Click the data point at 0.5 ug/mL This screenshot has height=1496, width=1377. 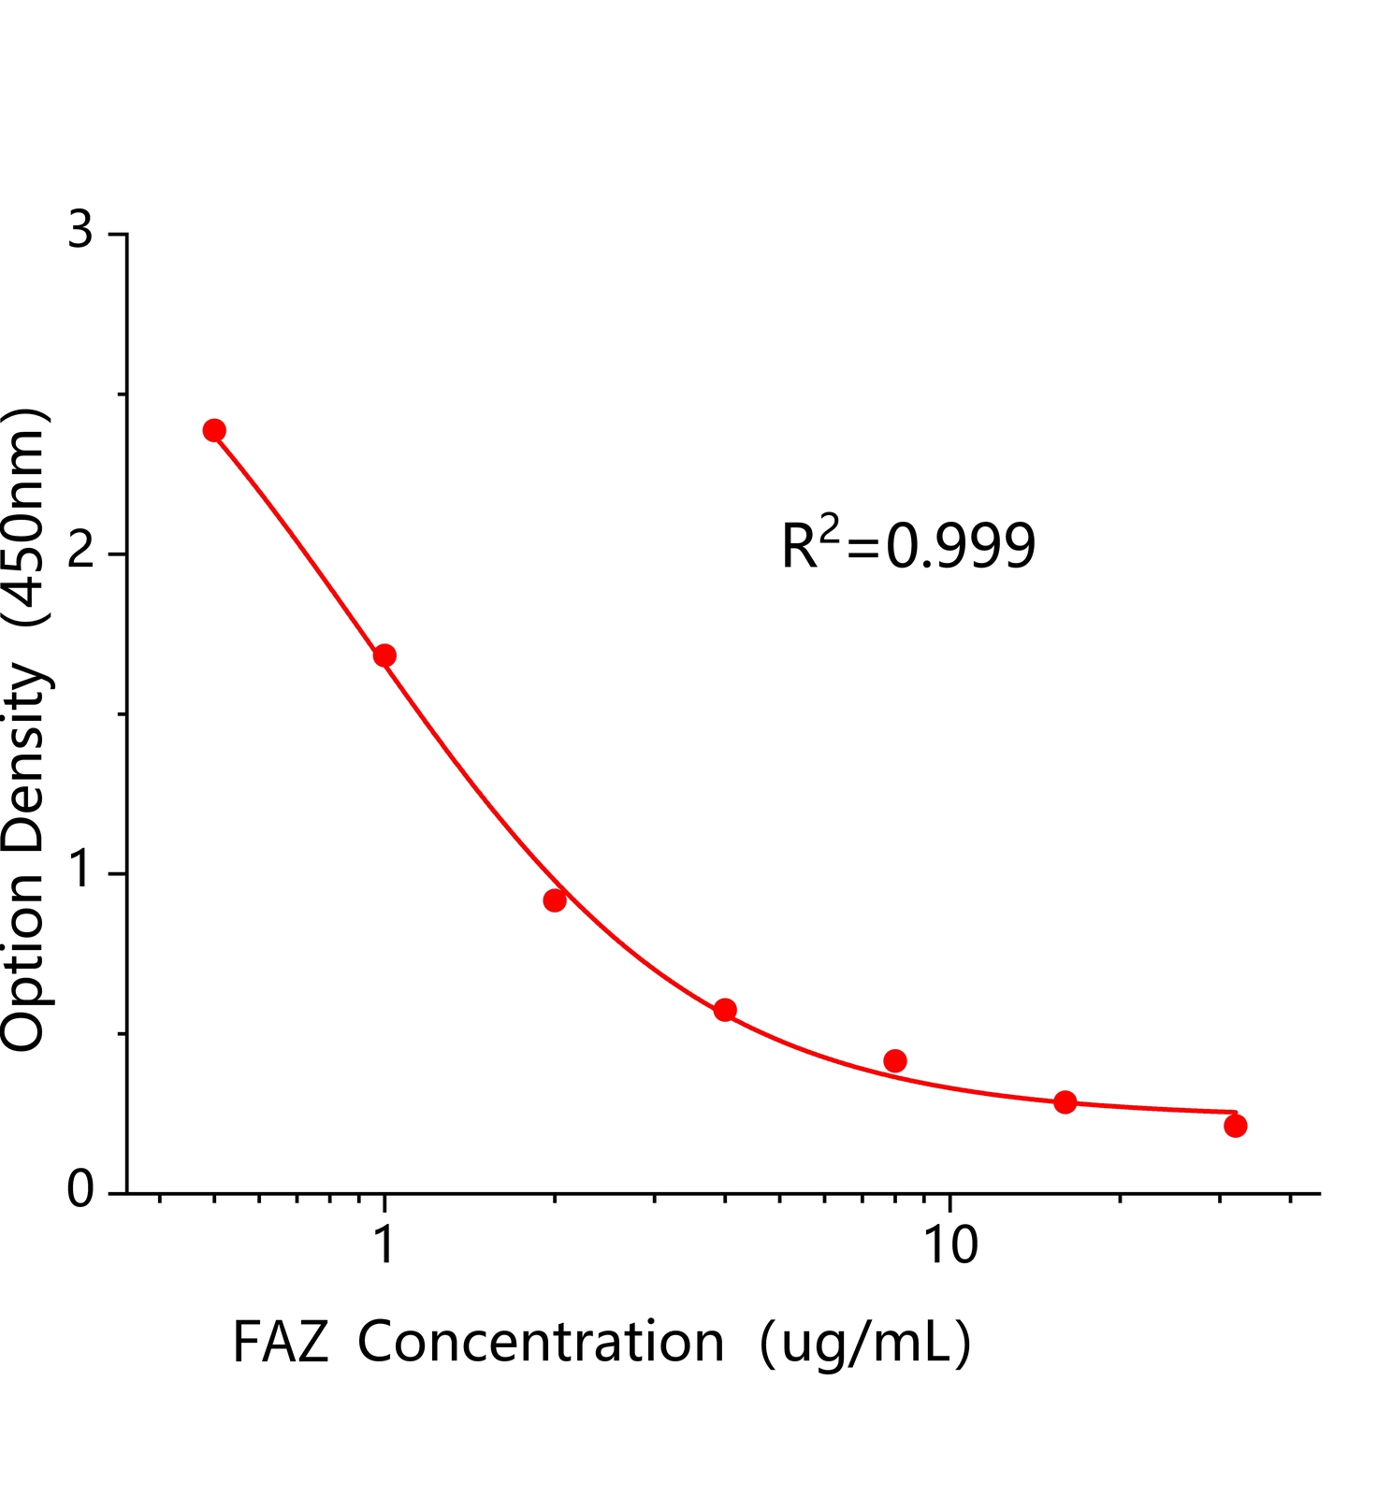[x=214, y=430]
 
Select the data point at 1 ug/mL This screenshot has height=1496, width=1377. [x=384, y=655]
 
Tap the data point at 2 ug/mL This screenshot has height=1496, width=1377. [x=555, y=900]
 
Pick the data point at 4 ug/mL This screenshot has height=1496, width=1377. [x=725, y=1010]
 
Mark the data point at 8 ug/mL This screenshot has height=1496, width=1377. [x=895, y=1060]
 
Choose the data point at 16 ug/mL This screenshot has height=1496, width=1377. [x=1065, y=1101]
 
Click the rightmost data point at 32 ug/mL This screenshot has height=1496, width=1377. [x=1235, y=1126]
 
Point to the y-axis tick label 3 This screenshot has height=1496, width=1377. [x=81, y=230]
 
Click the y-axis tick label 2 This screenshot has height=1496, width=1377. [x=81, y=553]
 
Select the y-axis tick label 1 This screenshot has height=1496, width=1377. [x=81, y=871]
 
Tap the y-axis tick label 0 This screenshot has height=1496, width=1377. [x=81, y=1191]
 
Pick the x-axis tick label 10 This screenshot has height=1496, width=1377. [x=949, y=1246]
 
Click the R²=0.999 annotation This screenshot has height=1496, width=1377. [x=908, y=546]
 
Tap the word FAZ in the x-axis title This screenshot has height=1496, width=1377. [x=280, y=1343]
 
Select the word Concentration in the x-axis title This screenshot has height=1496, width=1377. [x=541, y=1343]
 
